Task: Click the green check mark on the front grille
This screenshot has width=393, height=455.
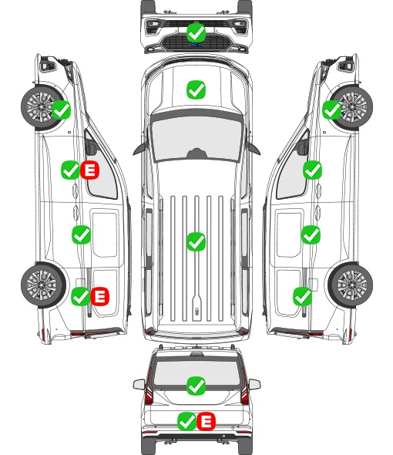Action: click(196, 32)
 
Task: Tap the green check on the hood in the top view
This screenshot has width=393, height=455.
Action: click(196, 89)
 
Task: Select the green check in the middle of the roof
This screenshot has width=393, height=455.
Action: click(196, 241)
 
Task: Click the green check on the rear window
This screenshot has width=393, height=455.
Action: click(196, 386)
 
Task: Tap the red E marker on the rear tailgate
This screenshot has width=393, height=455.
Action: click(207, 421)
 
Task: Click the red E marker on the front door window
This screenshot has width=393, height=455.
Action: click(90, 170)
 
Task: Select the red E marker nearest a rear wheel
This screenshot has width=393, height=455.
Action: click(100, 296)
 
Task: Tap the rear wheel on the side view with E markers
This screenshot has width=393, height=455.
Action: click(43, 285)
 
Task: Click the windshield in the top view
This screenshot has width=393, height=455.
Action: click(196, 137)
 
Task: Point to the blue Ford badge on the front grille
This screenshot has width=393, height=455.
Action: click(196, 45)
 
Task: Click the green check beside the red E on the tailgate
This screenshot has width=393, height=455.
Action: click(186, 421)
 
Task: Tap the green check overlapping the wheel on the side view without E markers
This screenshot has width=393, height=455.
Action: click(332, 110)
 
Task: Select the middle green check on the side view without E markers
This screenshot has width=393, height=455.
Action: click(311, 234)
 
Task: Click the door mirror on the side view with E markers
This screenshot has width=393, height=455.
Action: click(91, 147)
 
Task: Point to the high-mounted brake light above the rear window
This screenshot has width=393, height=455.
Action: click(196, 354)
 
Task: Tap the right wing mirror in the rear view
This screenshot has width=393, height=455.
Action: click(254, 384)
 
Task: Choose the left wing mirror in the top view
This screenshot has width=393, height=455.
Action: click(139, 149)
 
